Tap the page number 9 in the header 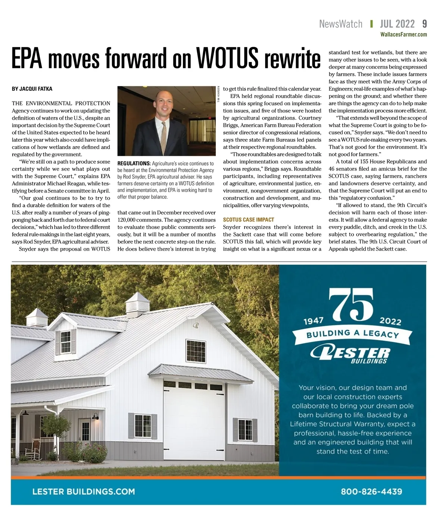(x=424, y=24)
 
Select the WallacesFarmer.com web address (x=403, y=35)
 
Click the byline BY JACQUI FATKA (x=32, y=89)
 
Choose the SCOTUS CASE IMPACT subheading (x=248, y=220)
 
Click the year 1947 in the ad (x=313, y=321)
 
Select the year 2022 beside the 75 (x=390, y=321)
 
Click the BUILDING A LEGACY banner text (x=353, y=333)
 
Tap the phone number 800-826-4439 (x=371, y=491)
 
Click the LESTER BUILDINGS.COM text (x=84, y=491)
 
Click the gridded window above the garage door (x=196, y=351)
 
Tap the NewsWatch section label (x=340, y=24)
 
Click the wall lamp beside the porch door (x=95, y=416)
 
